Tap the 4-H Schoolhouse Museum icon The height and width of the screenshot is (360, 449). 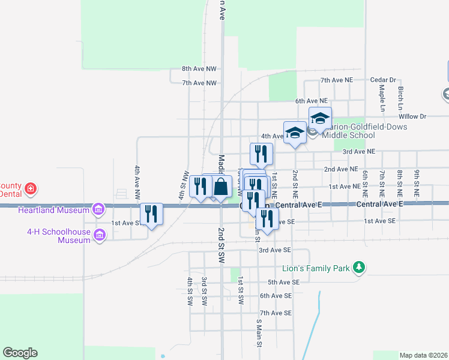pyautogui.click(x=99, y=235)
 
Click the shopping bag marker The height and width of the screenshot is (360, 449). pyautogui.click(x=221, y=186)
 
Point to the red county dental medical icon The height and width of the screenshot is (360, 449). pyautogui.click(x=31, y=190)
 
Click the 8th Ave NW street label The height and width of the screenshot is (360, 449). pyautogui.click(x=199, y=70)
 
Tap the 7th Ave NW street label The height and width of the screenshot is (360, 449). pyautogui.click(x=199, y=83)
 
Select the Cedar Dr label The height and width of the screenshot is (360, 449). pyautogui.click(x=383, y=80)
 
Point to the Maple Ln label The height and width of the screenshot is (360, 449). pyautogui.click(x=382, y=98)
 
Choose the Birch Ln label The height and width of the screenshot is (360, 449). pyautogui.click(x=400, y=97)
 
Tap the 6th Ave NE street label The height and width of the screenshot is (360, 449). pyautogui.click(x=311, y=101)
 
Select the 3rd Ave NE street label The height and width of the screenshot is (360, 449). pyautogui.click(x=358, y=152)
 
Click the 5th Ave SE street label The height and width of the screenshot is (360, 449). pyautogui.click(x=283, y=282)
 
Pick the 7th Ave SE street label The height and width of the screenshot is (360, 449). pyautogui.click(x=276, y=313)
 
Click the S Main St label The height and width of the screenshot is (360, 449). pyautogui.click(x=259, y=333)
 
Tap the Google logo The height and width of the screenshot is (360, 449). pyautogui.click(x=20, y=353)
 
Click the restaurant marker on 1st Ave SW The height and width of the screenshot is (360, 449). pyautogui.click(x=151, y=214)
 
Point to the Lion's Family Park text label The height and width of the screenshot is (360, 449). pyautogui.click(x=316, y=269)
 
